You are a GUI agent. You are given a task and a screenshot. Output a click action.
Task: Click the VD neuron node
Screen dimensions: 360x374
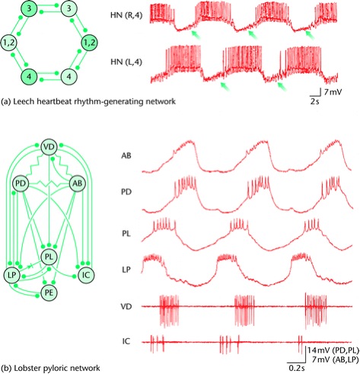(49, 147)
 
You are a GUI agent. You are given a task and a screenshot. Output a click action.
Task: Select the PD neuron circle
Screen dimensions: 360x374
(21, 184)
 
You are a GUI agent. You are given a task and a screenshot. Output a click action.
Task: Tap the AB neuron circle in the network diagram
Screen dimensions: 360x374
(78, 184)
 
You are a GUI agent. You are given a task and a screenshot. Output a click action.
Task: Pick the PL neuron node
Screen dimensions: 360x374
(49, 257)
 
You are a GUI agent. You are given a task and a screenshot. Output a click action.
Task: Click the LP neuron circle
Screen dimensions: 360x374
(12, 275)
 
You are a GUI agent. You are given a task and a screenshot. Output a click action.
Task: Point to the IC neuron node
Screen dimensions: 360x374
(86, 275)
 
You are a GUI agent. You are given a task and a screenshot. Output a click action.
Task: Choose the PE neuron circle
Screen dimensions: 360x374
(49, 292)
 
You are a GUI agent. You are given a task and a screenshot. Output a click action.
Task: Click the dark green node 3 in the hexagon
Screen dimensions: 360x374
(29, 8)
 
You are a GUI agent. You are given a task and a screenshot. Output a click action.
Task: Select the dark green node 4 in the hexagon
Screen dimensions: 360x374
(29, 76)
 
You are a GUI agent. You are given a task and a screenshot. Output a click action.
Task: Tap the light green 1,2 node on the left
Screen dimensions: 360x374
(9, 43)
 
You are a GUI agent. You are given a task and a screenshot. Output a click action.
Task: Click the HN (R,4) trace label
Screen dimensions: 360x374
(126, 15)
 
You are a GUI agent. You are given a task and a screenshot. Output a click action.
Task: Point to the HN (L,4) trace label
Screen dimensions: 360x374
(126, 62)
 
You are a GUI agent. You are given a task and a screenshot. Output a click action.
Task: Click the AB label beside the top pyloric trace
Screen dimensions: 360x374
(126, 155)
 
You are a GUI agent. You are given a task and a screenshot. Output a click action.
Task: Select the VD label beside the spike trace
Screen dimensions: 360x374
(126, 306)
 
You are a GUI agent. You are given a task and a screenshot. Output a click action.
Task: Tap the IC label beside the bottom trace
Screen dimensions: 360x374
(126, 341)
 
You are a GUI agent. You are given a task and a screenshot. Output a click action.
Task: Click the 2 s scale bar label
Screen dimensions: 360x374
(314, 101)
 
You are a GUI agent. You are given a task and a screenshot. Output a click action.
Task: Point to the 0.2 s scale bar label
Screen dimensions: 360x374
(297, 367)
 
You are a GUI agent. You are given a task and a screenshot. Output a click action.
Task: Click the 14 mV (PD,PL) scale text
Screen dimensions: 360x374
(333, 350)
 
